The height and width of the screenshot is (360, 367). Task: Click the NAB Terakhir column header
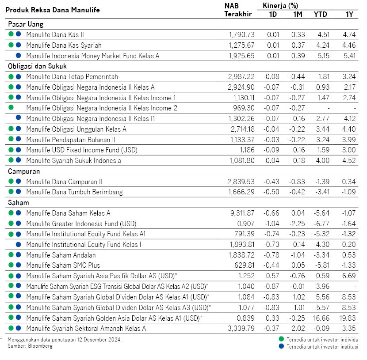click(237, 10)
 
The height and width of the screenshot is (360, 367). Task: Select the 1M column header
click(298, 14)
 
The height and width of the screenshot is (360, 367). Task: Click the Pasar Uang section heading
click(25, 24)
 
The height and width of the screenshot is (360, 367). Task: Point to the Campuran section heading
click(24, 171)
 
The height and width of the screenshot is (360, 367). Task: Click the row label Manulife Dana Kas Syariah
click(64, 45)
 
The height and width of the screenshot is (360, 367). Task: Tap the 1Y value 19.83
click(348, 318)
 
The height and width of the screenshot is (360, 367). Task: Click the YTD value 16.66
click(322, 318)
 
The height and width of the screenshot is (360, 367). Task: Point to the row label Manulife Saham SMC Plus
click(63, 265)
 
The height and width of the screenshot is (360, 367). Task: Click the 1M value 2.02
click(298, 328)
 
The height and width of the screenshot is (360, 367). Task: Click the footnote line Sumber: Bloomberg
click(30, 346)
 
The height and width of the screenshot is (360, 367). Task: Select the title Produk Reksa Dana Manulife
click(53, 10)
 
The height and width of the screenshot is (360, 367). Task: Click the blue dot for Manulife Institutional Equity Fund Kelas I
click(19, 244)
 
